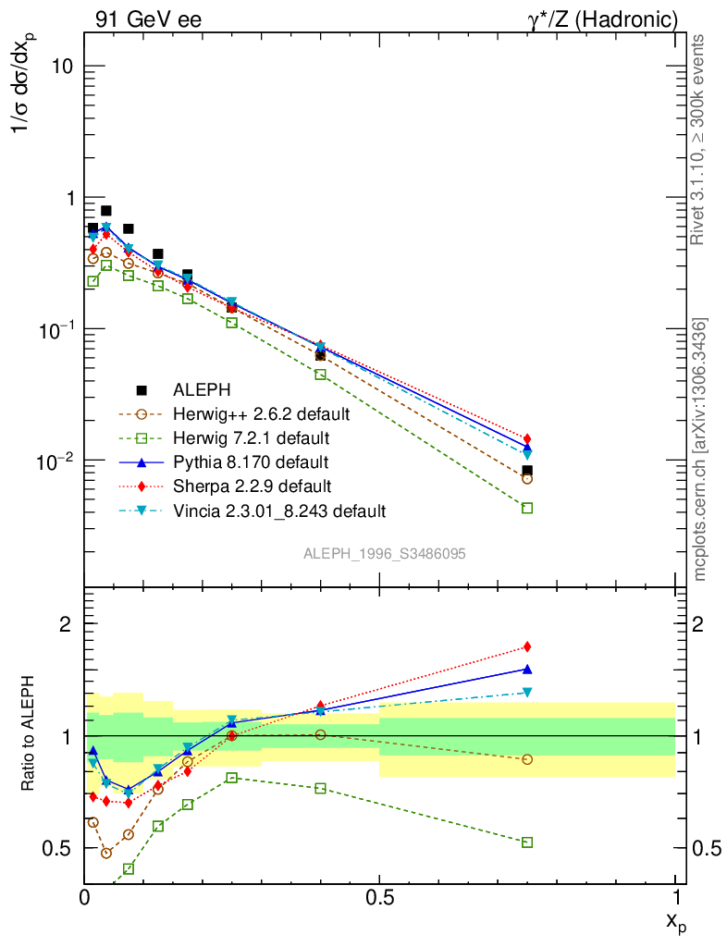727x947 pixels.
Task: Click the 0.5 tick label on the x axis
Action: (379, 896)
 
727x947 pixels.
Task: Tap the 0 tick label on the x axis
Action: (85, 896)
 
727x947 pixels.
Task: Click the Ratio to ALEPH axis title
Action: (31, 735)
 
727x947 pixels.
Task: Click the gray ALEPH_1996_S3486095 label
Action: (384, 553)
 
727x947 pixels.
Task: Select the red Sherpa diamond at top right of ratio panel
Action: (527, 646)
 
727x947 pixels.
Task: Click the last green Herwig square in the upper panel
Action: (527, 508)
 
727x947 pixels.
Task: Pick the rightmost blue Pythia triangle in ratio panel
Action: (527, 669)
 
